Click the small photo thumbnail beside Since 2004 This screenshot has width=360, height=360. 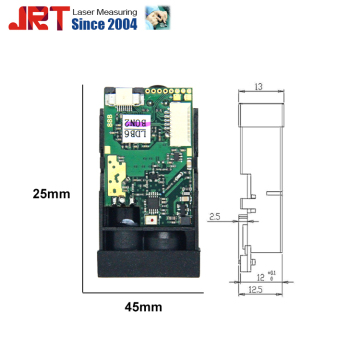158,18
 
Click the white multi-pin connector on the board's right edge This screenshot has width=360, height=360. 178,130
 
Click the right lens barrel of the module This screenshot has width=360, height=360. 166,237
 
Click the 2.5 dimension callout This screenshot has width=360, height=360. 214,215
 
